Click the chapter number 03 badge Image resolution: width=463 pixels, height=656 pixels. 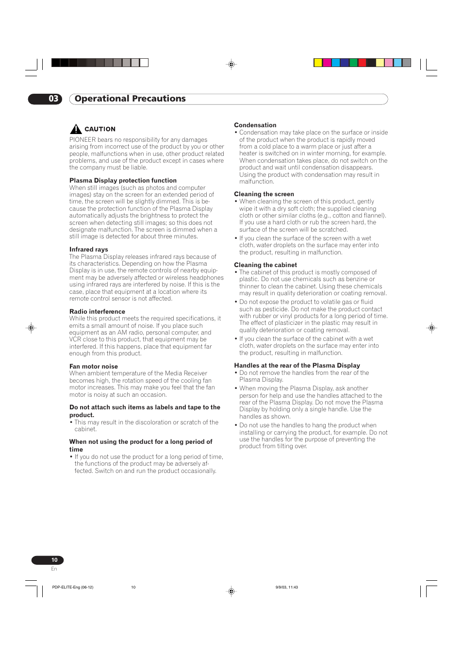coord(46,99)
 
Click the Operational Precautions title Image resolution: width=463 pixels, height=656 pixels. coord(130,99)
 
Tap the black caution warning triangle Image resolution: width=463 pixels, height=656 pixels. coord(76,129)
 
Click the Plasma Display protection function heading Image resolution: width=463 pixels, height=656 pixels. coord(123,181)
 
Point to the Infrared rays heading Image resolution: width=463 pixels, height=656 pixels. coord(88,250)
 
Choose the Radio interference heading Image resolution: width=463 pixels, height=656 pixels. coord(97,312)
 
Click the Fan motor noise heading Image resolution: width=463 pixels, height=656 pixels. coord(93,367)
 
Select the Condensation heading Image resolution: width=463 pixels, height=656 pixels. coord(255,125)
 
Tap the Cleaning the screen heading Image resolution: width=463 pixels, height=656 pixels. coord(264,194)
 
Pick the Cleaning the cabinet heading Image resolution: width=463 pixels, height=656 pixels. coord(265,265)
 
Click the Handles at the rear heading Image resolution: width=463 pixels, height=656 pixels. coord(297,366)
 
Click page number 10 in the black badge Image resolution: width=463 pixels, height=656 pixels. coord(54,560)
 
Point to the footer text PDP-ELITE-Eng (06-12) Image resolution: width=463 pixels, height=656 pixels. coord(73,587)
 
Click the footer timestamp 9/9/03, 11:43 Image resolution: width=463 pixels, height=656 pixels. coord(286,587)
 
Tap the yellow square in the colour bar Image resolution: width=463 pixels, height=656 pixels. coord(318,63)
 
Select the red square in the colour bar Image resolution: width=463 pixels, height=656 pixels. coord(362,63)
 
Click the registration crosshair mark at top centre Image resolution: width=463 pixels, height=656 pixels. coord(231,64)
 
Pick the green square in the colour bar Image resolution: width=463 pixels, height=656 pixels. coord(353,63)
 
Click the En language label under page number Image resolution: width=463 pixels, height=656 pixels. coord(54,569)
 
